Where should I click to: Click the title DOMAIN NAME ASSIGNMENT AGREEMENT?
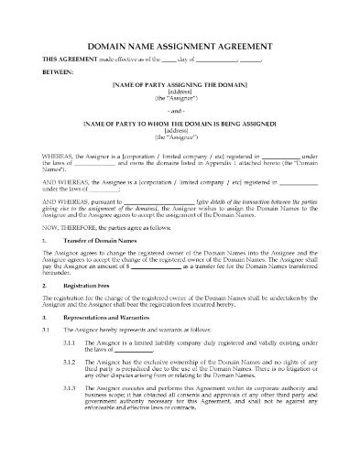(x=180, y=45)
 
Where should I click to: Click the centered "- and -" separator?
(x=179, y=117)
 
